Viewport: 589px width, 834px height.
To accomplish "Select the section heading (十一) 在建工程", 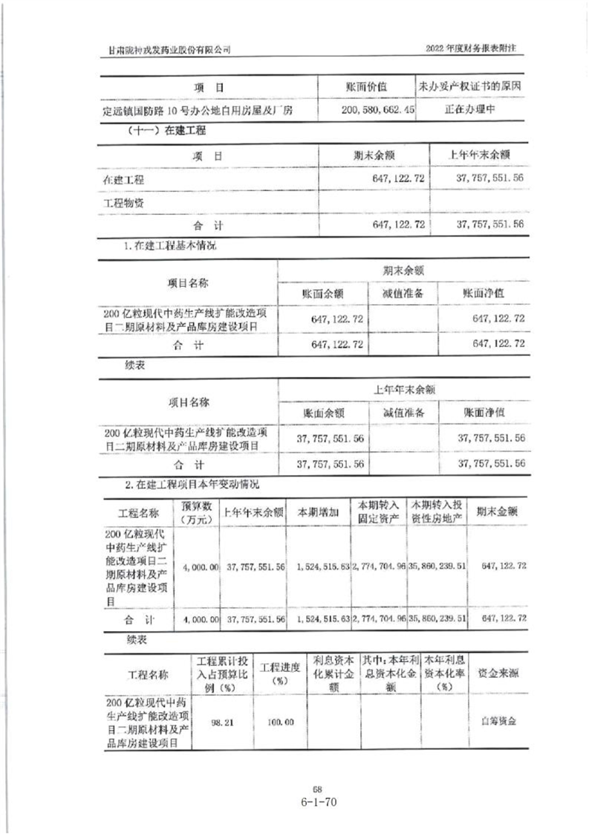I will point(157,130).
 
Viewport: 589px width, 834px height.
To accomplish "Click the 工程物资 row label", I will point(124,202).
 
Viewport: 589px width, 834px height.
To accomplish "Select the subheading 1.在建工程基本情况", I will point(171,245).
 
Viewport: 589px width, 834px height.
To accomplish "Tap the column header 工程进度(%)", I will point(279,673).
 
